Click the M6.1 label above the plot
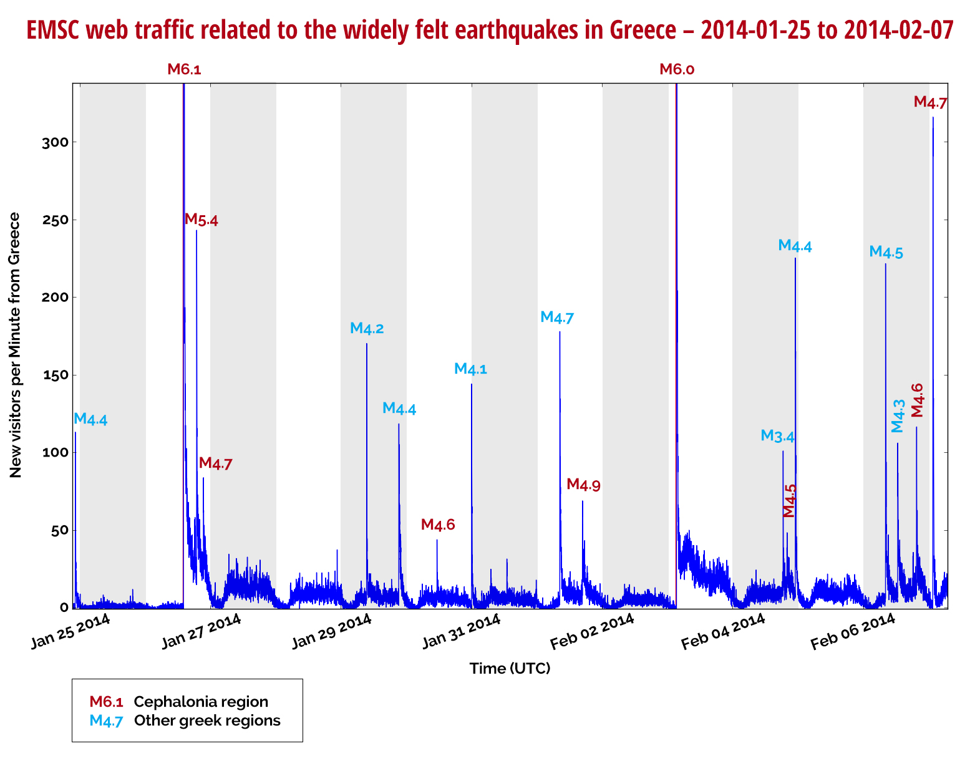(184, 69)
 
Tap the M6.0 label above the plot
(677, 69)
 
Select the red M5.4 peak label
(201, 220)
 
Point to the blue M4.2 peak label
(367, 328)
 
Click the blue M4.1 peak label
(470, 369)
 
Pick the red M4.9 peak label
(583, 485)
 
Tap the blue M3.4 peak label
(777, 436)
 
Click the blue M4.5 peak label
(886, 253)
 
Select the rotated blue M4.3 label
(897, 416)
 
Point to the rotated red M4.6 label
(916, 400)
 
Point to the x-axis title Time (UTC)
(510, 669)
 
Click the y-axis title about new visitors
(15, 345)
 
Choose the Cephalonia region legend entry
(201, 702)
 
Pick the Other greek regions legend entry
(207, 720)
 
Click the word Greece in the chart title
(643, 30)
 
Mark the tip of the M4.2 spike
(367, 344)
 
